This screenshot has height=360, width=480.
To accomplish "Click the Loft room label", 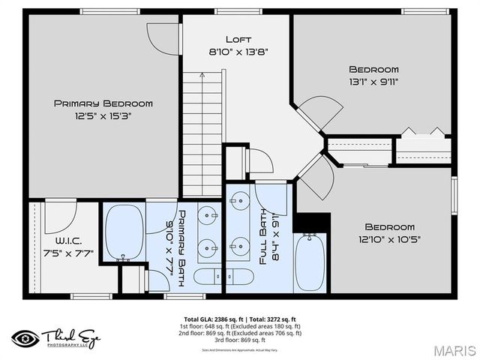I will (238, 39).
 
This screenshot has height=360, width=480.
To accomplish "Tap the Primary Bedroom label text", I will (103, 103).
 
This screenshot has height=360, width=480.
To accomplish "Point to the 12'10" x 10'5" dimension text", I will (389, 240).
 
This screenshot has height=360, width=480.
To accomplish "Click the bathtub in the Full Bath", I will (308, 261).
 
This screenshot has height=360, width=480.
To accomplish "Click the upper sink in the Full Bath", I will (241, 200).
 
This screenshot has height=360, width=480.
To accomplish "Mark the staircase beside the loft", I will (204, 132).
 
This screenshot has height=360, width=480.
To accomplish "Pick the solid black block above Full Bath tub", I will (311, 222).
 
